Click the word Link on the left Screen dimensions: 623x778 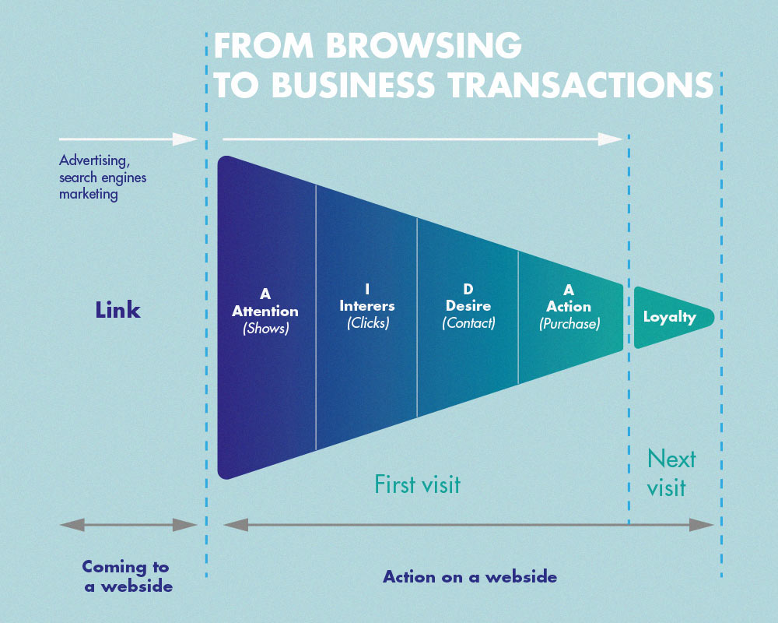pos(118,310)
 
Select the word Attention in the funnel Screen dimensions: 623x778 pos(265,311)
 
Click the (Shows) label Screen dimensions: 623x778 pos(265,328)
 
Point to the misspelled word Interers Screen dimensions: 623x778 pos(367,306)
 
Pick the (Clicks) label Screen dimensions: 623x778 pos(367,322)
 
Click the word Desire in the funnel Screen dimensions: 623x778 pos(468,306)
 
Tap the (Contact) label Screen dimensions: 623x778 pos(468,322)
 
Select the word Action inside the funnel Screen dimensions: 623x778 pos(569,307)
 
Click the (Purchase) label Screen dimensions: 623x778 pos(569,323)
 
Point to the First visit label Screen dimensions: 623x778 pos(417,484)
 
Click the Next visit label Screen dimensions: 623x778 pos(671,473)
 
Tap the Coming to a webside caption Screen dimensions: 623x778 pos(126,576)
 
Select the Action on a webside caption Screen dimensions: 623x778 pos(470,577)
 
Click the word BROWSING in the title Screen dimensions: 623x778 pos(423,47)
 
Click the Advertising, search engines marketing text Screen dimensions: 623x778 pos(103,178)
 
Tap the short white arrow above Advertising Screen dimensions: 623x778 pos(128,139)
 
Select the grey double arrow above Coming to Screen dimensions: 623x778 pos(128,525)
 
